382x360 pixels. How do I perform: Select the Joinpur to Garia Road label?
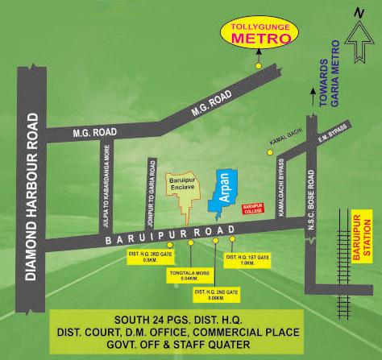point(152,192)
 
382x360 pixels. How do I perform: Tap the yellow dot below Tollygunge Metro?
point(258,64)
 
